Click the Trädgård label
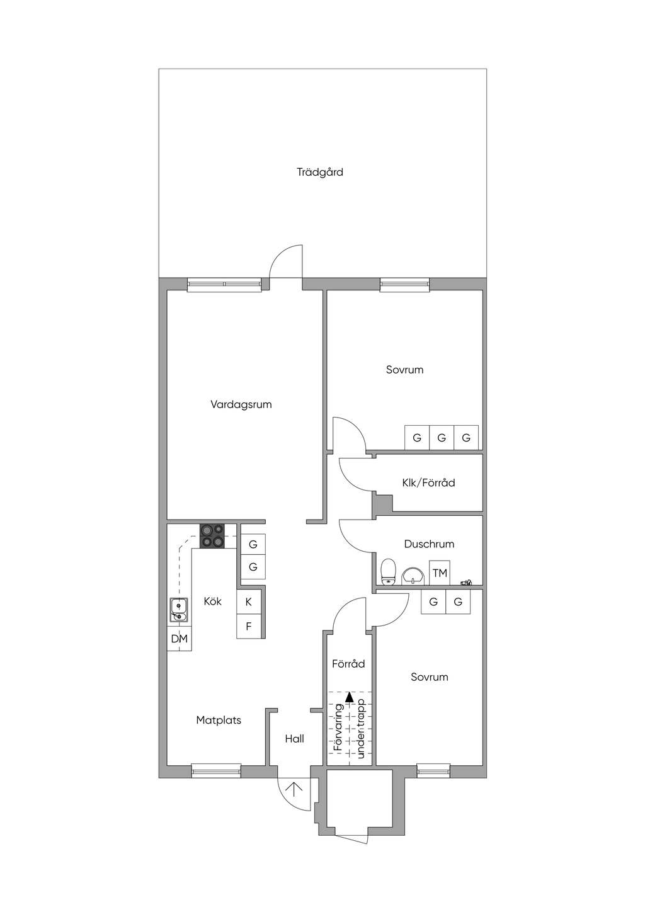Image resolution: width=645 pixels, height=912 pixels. pos(319,173)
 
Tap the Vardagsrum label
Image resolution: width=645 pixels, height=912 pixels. pos(241,405)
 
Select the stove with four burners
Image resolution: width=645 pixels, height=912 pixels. pos(212,536)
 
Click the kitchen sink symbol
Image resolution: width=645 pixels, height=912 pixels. pos(179,610)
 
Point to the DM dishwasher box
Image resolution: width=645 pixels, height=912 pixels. pos(179,639)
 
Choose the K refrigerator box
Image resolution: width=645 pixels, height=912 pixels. pos(249,601)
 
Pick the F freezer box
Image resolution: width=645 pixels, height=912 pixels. pos(249,626)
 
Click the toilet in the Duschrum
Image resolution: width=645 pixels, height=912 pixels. pos(388,572)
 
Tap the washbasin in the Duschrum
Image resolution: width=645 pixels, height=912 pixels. pos(413,576)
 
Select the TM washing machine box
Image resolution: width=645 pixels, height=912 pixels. pos(440,573)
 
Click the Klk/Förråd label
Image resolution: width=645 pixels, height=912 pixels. pos(428,483)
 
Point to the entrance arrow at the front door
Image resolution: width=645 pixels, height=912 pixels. pos(294,789)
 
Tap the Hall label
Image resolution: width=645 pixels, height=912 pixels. pos(294,739)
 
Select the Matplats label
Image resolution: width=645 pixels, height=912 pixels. pos(219,721)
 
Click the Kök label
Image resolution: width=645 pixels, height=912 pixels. pos(212,601)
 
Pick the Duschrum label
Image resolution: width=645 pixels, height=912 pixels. pos(429,544)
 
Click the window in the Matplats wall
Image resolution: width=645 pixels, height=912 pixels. pos(216,771)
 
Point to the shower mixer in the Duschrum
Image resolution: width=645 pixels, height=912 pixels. pos(466,583)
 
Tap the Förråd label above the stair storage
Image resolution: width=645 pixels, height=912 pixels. pos(348,664)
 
